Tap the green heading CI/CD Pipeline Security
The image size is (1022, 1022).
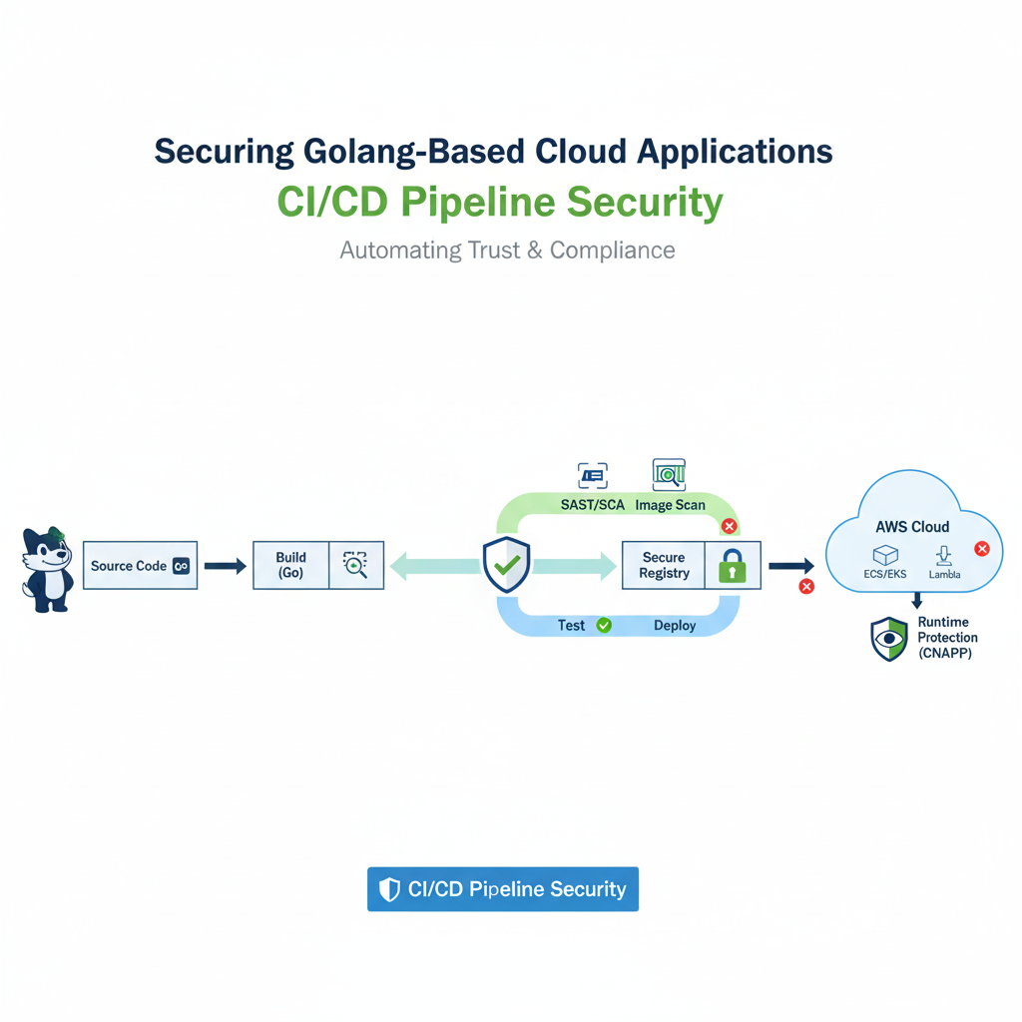click(x=499, y=202)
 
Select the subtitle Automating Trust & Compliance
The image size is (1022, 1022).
click(x=507, y=250)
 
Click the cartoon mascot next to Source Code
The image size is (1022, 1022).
click(x=47, y=569)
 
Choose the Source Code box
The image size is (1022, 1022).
click(x=140, y=566)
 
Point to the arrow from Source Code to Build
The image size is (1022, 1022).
click(x=225, y=566)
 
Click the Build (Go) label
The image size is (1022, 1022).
click(x=290, y=565)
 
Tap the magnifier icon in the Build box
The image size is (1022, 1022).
click(x=355, y=565)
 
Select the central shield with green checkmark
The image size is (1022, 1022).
click(x=506, y=566)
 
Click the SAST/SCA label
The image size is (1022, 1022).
click(x=592, y=505)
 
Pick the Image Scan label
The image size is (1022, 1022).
click(x=670, y=505)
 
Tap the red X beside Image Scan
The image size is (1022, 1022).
click(x=730, y=526)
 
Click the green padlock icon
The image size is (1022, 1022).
click(x=733, y=566)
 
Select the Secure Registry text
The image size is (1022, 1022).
click(x=664, y=565)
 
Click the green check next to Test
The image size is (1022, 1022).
click(x=603, y=626)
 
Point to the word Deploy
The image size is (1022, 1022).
click(x=675, y=626)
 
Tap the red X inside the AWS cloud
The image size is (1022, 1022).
click(x=981, y=549)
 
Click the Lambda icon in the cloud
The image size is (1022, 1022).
click(x=943, y=556)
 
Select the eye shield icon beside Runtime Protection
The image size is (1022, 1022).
click(x=888, y=639)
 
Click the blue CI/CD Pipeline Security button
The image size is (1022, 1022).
click(x=502, y=889)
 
